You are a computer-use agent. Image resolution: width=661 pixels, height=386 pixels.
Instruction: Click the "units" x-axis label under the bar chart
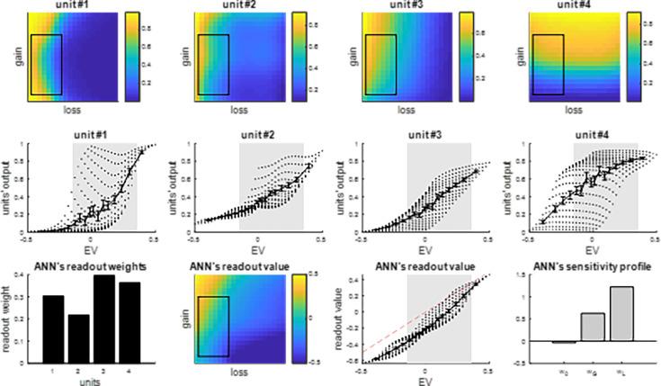pos(88,382)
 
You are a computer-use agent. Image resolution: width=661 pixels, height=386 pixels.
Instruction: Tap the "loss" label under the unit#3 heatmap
pos(406,111)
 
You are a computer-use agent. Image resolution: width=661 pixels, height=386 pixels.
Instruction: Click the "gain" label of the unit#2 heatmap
pos(182,56)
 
